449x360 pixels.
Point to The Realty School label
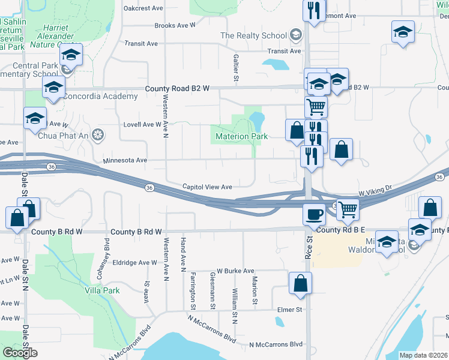point(253,35)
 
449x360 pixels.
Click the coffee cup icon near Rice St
point(313,214)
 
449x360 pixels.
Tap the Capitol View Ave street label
point(207,187)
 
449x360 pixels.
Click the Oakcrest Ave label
point(143,8)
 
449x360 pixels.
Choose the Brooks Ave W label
point(175,25)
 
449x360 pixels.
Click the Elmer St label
point(289,310)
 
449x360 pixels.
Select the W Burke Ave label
point(235,271)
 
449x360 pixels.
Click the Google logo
point(20,352)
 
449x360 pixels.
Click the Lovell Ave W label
point(142,124)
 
